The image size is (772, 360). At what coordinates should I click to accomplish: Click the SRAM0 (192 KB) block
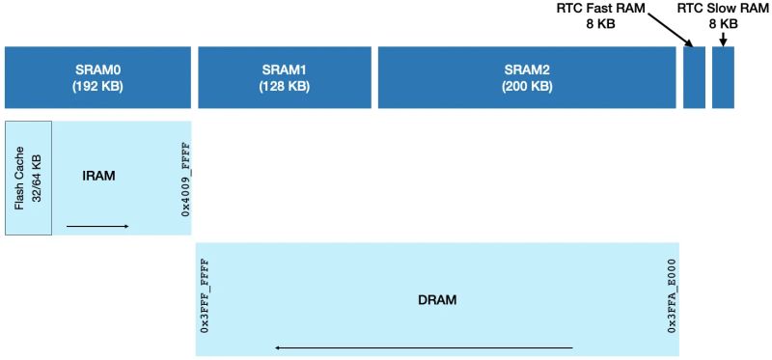(x=97, y=77)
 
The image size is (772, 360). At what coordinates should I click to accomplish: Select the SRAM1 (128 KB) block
(x=285, y=77)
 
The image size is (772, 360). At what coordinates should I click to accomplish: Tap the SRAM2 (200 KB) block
(x=527, y=77)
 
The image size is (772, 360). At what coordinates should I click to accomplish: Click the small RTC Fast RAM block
(x=694, y=77)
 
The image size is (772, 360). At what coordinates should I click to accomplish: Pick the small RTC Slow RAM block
(x=723, y=77)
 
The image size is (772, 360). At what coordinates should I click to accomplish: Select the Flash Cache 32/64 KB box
(x=28, y=178)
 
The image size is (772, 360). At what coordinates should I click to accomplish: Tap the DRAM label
(x=437, y=299)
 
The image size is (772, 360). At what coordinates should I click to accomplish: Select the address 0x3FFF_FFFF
(x=205, y=297)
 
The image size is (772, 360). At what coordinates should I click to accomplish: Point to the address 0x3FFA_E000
(x=671, y=297)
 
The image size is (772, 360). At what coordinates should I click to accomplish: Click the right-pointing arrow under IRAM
(x=97, y=226)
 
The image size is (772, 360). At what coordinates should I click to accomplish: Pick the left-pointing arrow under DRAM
(x=424, y=346)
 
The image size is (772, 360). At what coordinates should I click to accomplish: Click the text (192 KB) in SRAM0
(x=97, y=86)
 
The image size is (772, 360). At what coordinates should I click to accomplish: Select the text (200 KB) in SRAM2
(x=527, y=86)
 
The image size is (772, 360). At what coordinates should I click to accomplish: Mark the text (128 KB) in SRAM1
(x=285, y=86)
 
